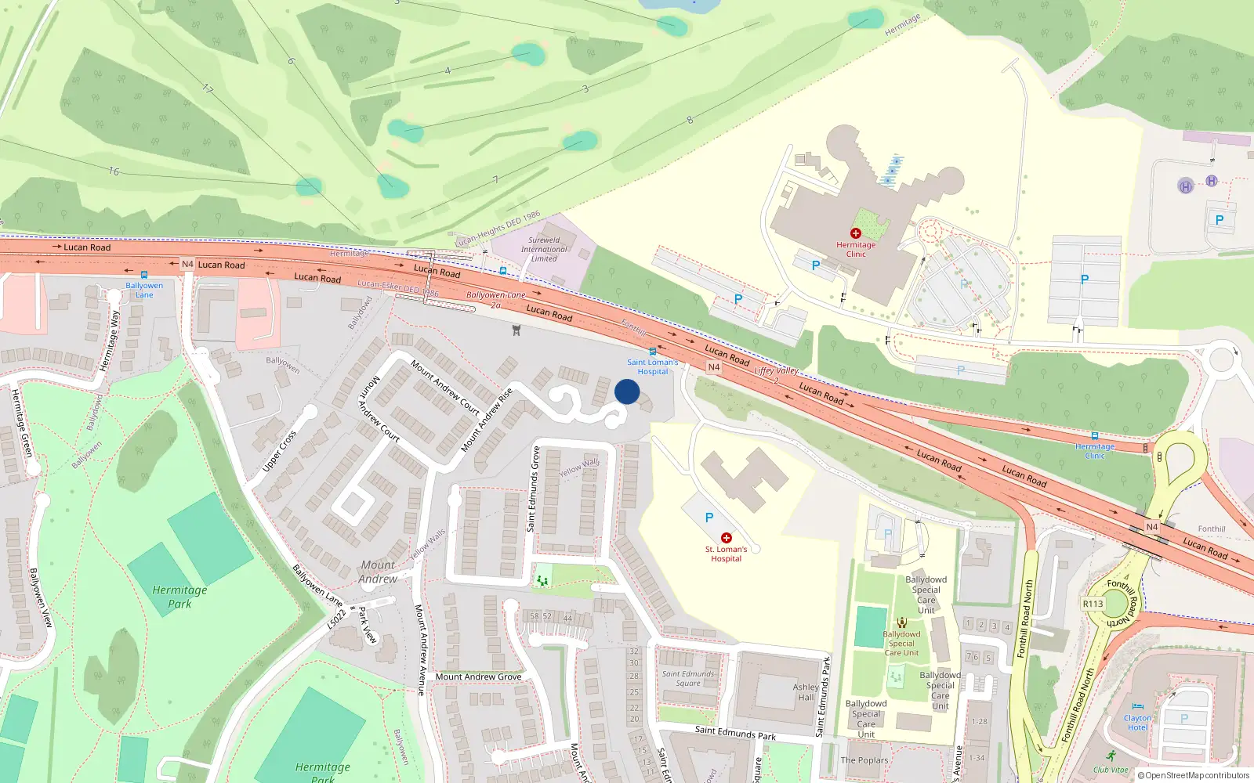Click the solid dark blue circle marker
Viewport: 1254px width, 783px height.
click(x=627, y=391)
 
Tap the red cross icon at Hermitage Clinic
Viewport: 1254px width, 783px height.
click(x=856, y=233)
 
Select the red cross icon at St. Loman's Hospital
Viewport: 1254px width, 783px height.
click(x=727, y=538)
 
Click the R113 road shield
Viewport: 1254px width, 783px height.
click(x=1093, y=604)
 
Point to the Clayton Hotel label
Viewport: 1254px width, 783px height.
click(x=1137, y=723)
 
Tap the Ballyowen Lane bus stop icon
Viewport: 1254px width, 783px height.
click(x=144, y=275)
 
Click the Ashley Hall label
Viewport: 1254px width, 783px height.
click(x=806, y=692)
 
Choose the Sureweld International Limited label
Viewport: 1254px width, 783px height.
click(x=544, y=249)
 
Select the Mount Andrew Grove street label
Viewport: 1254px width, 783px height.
click(x=478, y=677)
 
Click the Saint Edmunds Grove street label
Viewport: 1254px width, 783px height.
click(x=535, y=489)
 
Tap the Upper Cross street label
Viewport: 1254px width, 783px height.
click(x=279, y=451)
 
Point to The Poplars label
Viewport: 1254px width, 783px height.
click(x=864, y=760)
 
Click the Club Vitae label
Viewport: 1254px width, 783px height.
click(x=1111, y=770)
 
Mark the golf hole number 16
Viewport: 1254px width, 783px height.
click(x=114, y=171)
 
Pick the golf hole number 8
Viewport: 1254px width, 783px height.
click(x=690, y=120)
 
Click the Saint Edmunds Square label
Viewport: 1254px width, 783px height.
click(x=688, y=678)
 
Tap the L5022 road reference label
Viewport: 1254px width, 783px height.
click(x=336, y=619)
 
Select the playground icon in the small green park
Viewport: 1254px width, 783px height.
click(x=542, y=580)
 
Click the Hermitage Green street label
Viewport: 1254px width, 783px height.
click(x=21, y=423)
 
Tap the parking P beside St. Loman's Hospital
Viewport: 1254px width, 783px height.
click(x=709, y=518)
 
